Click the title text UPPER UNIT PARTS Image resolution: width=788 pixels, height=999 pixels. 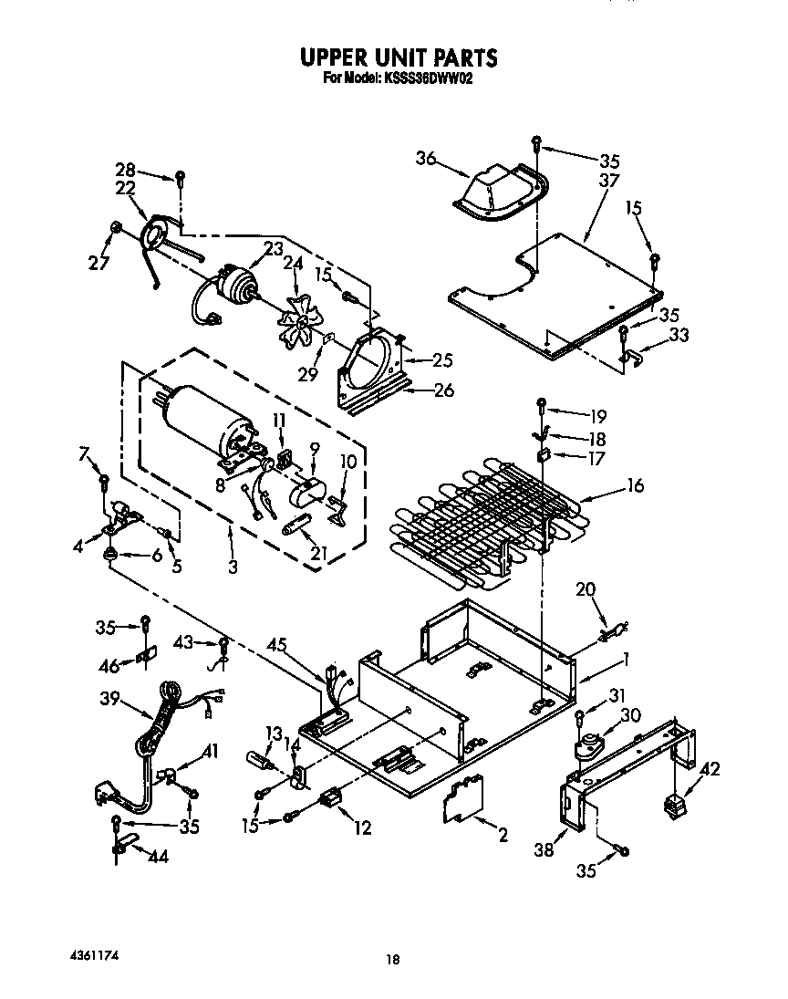point(399,57)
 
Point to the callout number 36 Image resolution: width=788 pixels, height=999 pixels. point(426,158)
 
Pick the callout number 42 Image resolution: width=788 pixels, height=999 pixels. point(709,769)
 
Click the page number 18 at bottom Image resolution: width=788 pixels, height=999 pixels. point(392,959)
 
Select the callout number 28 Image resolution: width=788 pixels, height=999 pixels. point(125,171)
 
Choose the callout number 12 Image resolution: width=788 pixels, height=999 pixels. point(363,828)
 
